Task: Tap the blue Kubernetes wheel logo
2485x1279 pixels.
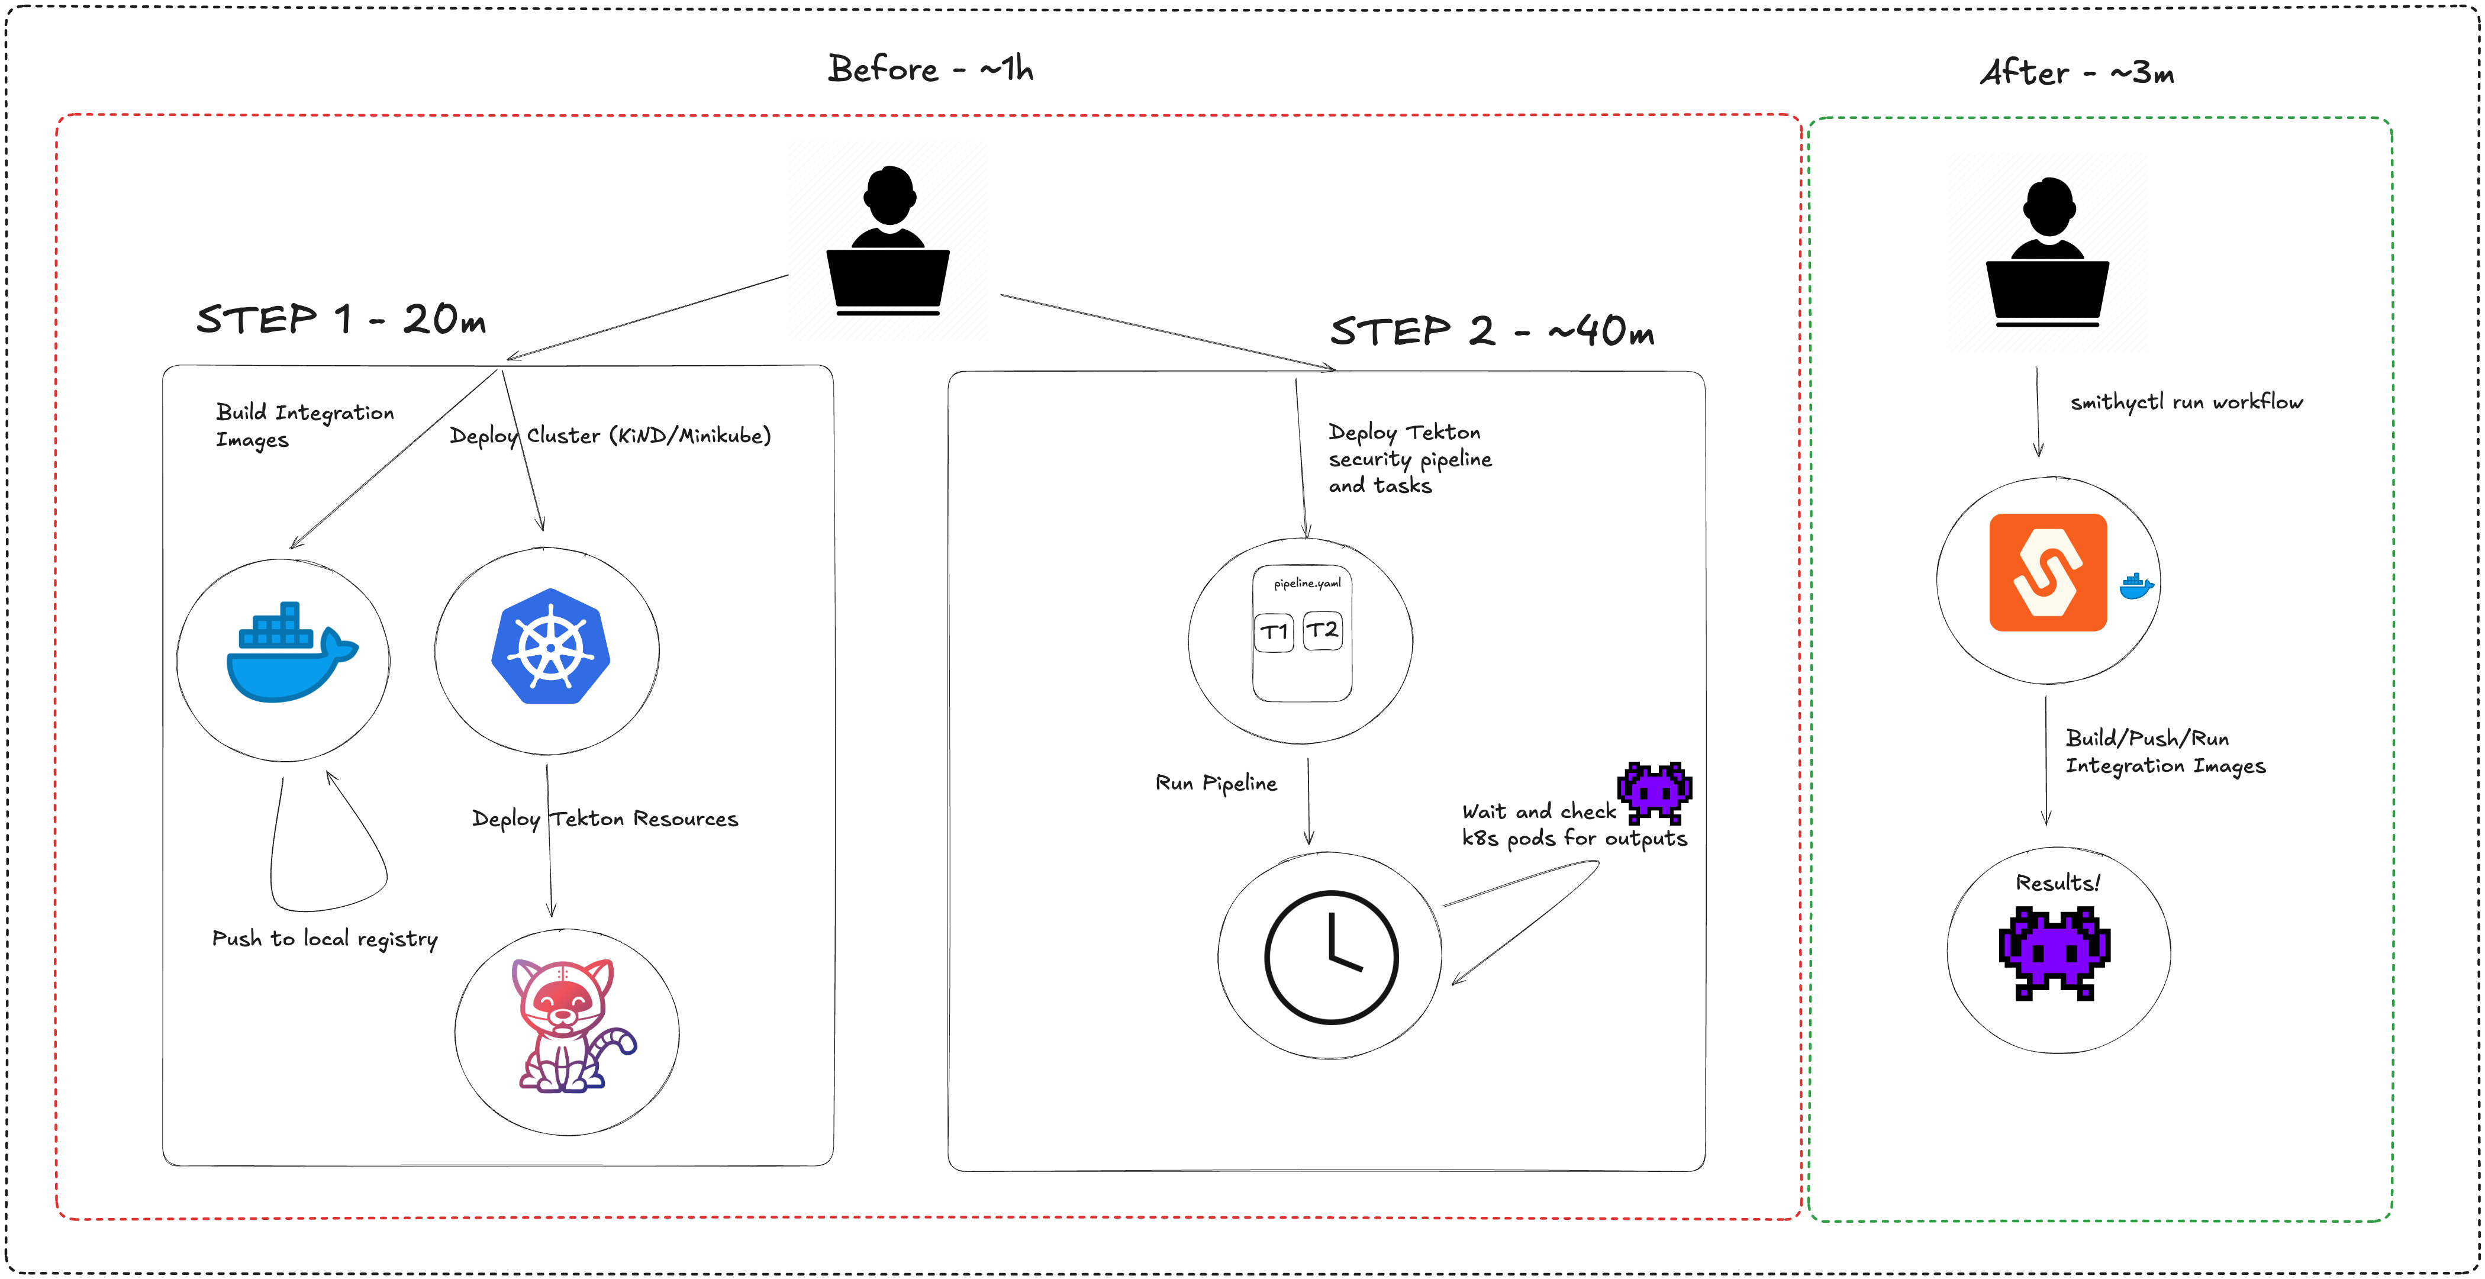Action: [x=550, y=646]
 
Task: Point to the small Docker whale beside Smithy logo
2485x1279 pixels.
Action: [x=2136, y=585]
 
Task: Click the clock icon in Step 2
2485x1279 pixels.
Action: [x=1330, y=956]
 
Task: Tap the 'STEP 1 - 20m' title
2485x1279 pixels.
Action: [x=340, y=319]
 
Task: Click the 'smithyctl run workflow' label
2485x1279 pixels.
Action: [x=2186, y=402]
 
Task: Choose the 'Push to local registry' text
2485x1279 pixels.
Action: [x=324, y=939]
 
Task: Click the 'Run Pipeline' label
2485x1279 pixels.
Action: [x=1216, y=783]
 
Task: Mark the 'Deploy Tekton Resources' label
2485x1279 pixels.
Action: [x=605, y=819]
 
